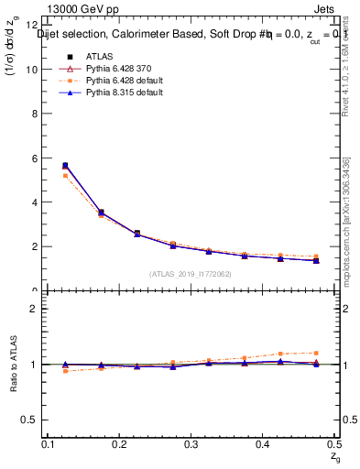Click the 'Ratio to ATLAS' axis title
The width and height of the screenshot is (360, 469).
click(13, 365)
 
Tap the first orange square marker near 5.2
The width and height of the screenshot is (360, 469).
click(65, 175)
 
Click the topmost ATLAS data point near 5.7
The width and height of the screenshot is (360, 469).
click(65, 166)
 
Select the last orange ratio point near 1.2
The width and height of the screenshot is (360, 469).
click(316, 353)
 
